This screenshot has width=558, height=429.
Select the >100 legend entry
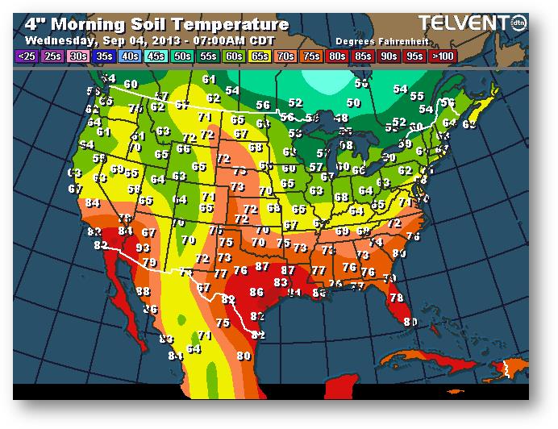443,56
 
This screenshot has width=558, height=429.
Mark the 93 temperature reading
143,248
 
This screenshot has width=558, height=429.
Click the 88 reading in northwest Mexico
143,291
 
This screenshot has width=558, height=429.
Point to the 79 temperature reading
148,262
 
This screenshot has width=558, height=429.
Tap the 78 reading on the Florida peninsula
395,298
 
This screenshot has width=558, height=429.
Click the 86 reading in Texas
257,293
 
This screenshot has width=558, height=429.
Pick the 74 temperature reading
376,242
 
